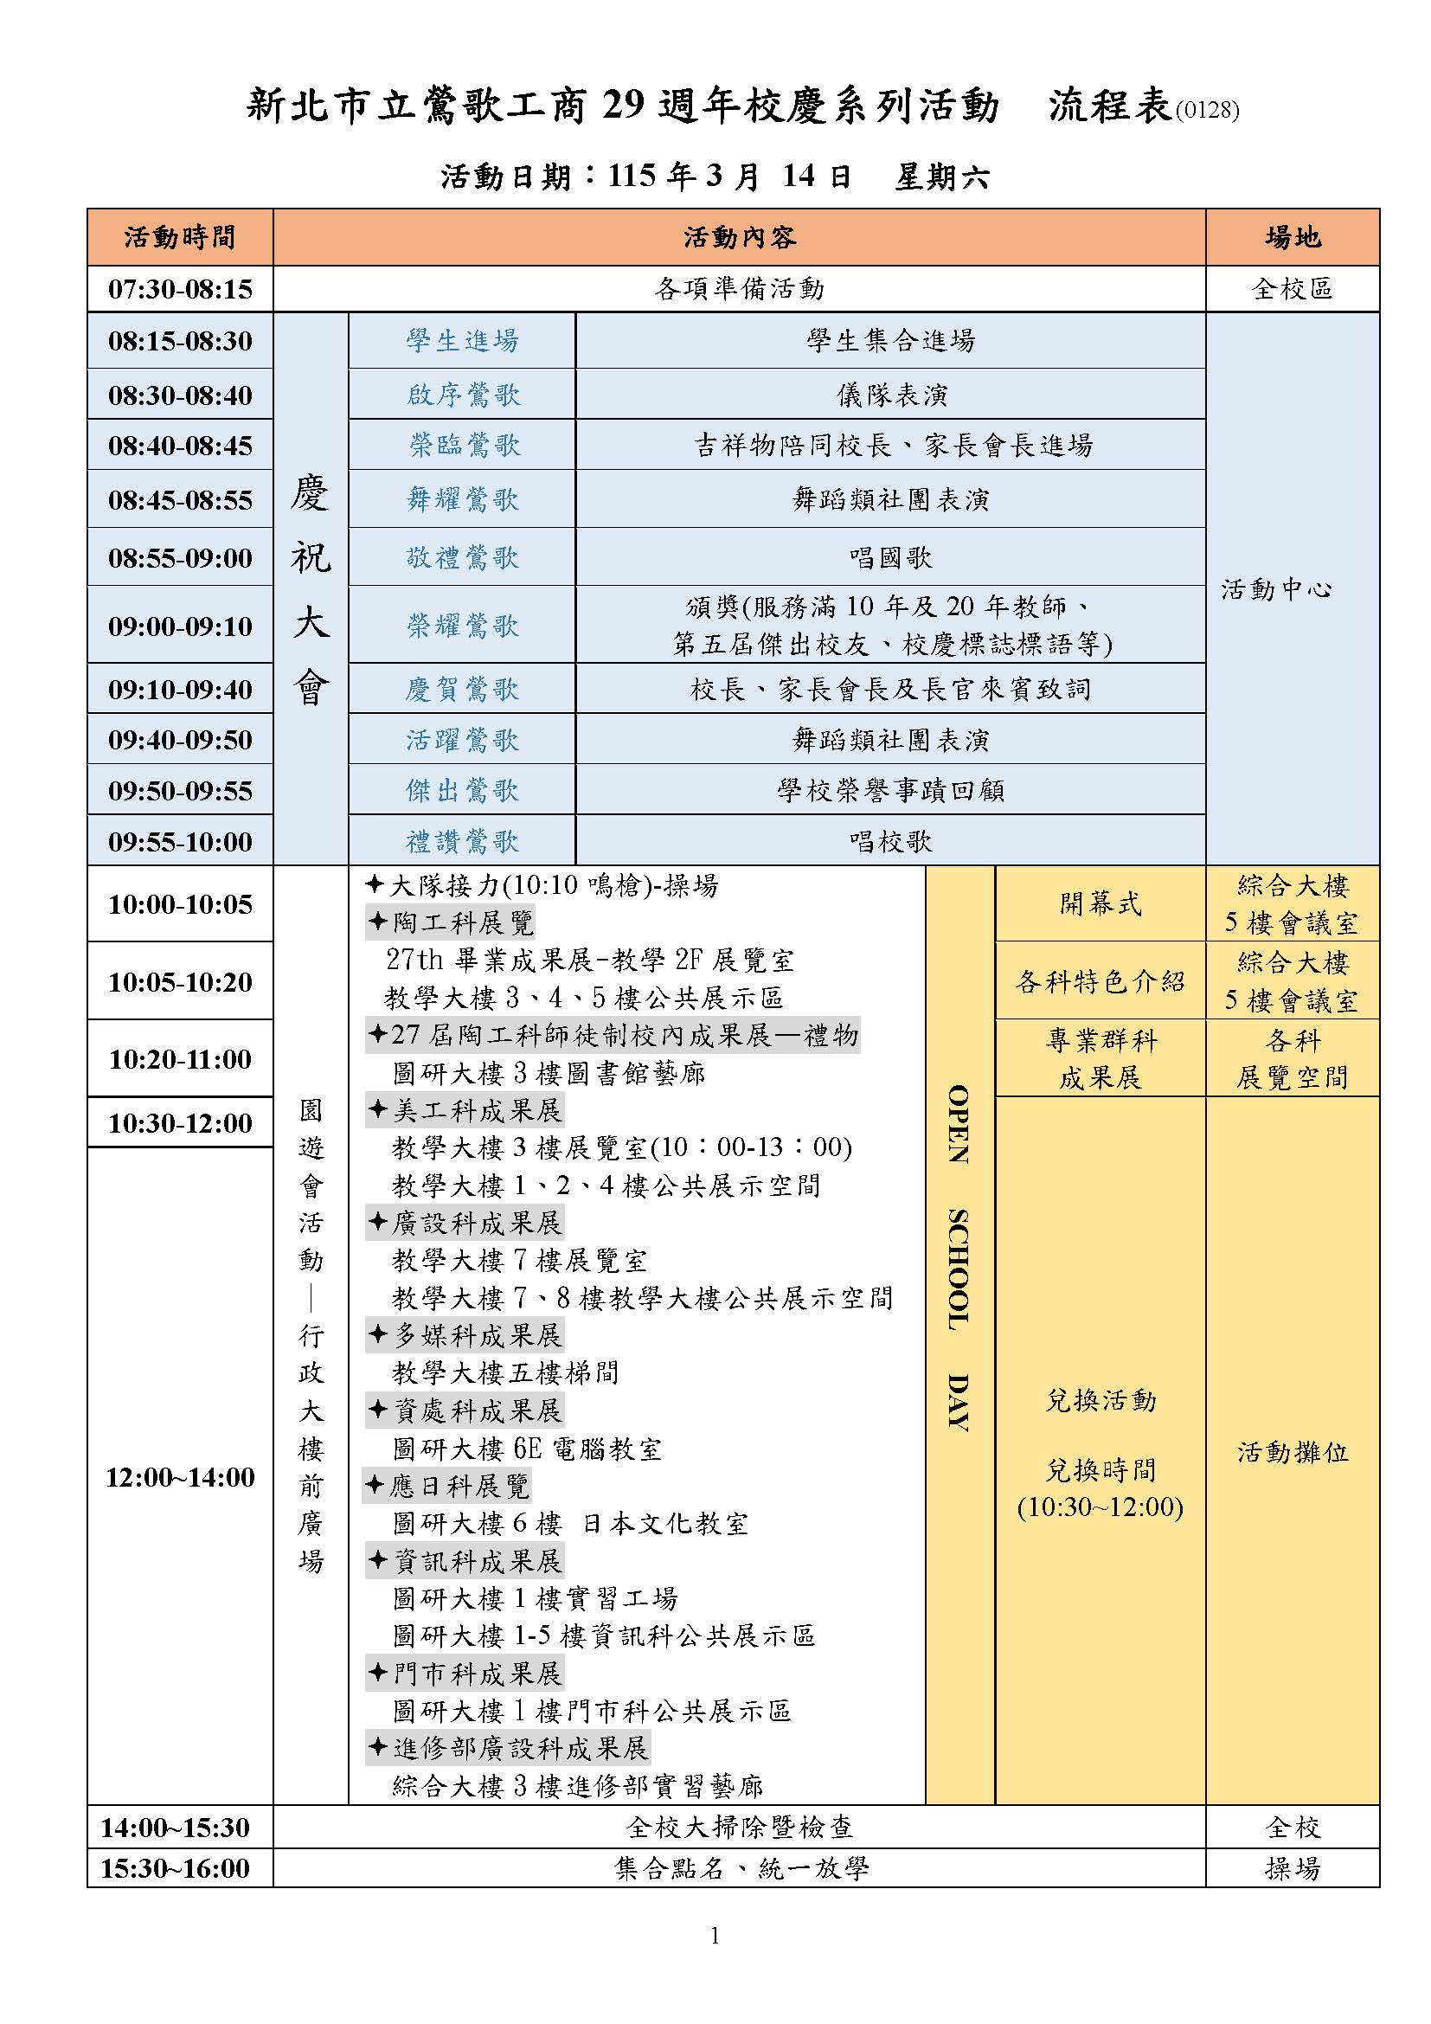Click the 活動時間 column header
(x=180, y=237)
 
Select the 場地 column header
(x=1292, y=237)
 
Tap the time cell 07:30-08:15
(x=180, y=289)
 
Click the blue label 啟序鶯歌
(x=463, y=394)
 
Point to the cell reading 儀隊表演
(x=891, y=394)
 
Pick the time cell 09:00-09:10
(x=180, y=626)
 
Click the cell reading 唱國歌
(x=891, y=557)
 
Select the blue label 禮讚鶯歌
(x=463, y=841)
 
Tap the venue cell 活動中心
(x=1276, y=589)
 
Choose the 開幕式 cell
(x=1100, y=903)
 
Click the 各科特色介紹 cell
(x=1100, y=981)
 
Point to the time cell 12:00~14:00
(x=180, y=1476)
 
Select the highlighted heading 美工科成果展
(x=476, y=1110)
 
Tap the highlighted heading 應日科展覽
(x=459, y=1486)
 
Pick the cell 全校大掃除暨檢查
(x=738, y=1827)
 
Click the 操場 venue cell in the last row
(x=1292, y=1867)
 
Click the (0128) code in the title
(x=1207, y=111)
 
